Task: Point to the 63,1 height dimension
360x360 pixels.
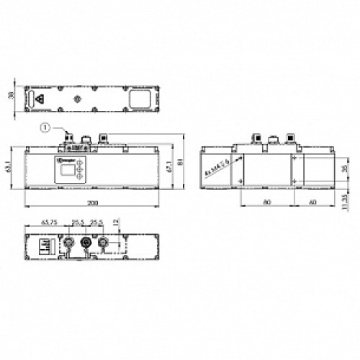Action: (7, 166)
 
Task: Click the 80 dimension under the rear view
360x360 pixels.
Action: (266, 204)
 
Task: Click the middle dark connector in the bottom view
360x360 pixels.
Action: (88, 242)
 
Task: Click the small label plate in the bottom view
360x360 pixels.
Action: (44, 246)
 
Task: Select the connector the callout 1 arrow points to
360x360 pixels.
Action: (70, 137)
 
